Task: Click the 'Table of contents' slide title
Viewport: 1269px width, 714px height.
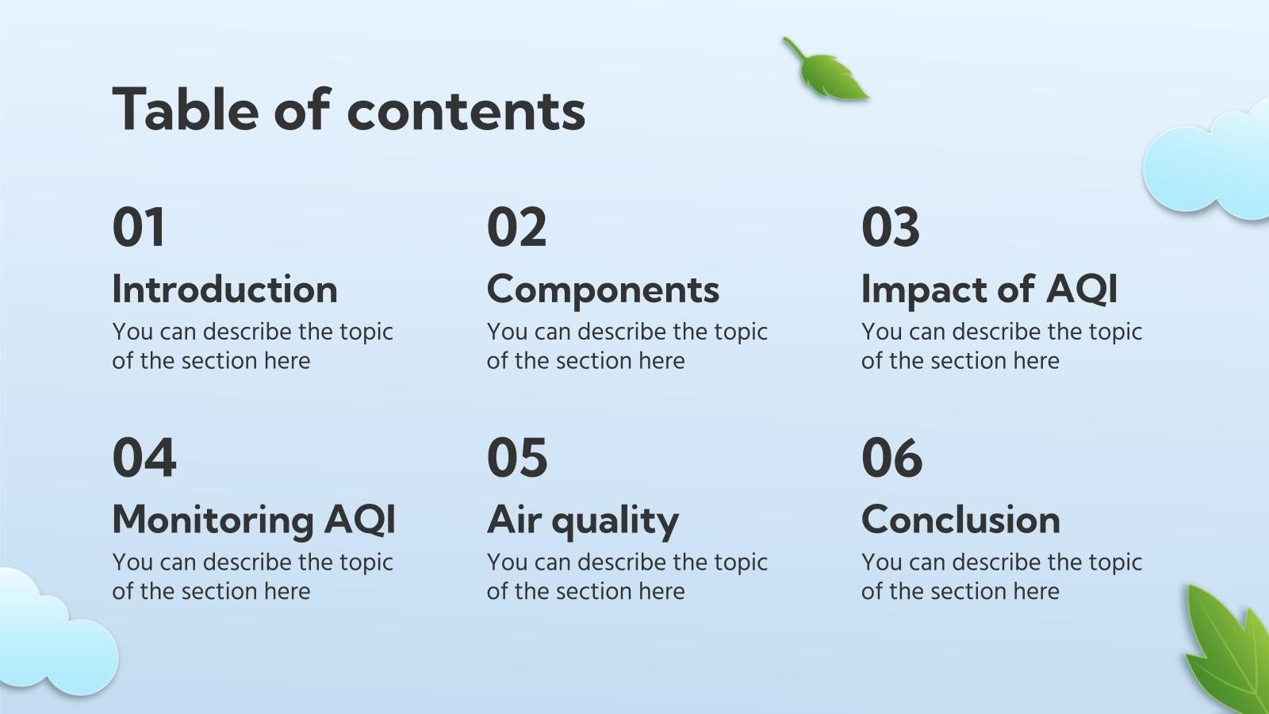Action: click(349, 109)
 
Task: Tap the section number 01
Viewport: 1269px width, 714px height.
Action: click(139, 228)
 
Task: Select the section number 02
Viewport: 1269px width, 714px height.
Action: click(516, 228)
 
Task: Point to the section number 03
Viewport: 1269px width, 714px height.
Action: click(890, 228)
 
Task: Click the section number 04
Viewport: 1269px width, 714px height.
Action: click(144, 458)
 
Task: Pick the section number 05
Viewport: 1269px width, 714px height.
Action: click(516, 458)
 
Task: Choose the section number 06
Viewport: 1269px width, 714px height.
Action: click(891, 458)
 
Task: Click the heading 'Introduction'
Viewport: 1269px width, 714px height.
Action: click(224, 290)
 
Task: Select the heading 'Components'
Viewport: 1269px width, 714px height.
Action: click(603, 290)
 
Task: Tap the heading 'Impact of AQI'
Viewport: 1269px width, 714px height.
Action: click(989, 290)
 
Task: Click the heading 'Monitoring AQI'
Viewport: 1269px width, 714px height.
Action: click(254, 520)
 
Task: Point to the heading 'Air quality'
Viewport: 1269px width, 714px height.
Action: click(583, 521)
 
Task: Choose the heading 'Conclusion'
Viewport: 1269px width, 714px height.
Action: click(960, 520)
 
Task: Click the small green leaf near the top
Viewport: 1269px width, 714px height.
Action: click(829, 72)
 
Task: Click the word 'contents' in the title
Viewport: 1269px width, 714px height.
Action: click(466, 109)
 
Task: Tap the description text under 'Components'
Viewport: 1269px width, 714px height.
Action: click(627, 346)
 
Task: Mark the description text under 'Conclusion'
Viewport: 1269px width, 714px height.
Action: click(1001, 576)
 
